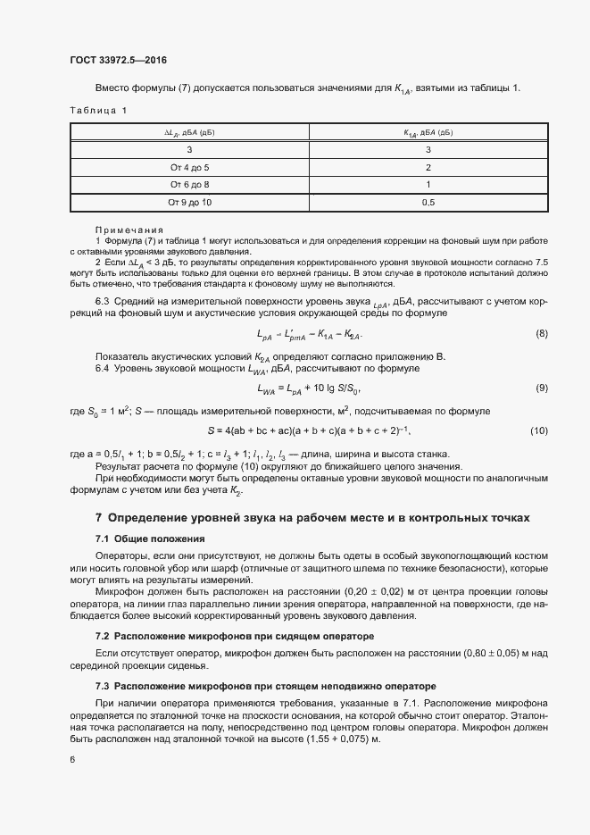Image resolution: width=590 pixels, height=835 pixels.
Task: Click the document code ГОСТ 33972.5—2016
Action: click(118, 61)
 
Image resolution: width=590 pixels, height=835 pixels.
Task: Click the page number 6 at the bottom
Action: click(72, 760)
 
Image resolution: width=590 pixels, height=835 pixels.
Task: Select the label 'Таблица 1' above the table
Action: click(98, 110)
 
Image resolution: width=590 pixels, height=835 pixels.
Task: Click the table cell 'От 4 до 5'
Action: click(189, 167)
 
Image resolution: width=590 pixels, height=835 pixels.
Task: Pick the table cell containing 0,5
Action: click(428, 203)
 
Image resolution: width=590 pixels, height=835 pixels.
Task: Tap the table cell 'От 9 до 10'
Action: click(189, 203)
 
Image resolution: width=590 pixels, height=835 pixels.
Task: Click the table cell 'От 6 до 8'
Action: click(189, 185)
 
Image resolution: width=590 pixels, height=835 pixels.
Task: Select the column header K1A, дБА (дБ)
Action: click(428, 132)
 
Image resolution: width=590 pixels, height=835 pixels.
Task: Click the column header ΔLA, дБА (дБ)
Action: click(189, 132)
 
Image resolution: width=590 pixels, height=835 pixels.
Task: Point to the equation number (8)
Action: click(541, 334)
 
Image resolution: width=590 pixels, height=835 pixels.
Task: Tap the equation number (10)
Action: click(538, 431)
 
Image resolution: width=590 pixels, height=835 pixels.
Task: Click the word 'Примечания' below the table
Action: click(124, 230)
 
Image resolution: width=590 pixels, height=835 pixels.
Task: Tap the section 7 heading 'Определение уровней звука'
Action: click(312, 517)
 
